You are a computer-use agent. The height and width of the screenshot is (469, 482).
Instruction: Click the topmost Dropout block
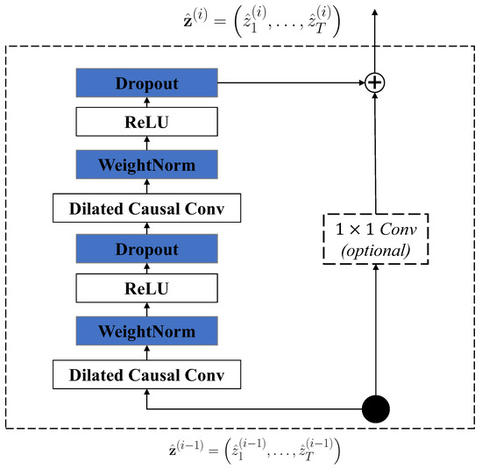tap(147, 83)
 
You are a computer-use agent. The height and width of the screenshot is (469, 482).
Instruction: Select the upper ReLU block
tap(147, 124)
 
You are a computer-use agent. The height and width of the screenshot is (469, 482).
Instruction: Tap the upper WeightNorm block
tap(147, 165)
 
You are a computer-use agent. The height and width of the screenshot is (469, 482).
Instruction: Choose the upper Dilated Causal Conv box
tap(147, 208)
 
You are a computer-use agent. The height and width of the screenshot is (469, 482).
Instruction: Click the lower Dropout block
tap(147, 249)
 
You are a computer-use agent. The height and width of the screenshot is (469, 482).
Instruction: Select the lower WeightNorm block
tap(147, 331)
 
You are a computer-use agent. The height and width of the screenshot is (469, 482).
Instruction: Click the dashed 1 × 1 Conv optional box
tap(375, 238)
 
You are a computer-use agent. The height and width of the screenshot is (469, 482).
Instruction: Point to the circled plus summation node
tap(375, 83)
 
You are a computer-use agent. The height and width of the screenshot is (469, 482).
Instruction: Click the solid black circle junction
tap(375, 409)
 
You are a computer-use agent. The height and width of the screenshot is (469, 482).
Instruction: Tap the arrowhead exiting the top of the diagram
tap(375, 11)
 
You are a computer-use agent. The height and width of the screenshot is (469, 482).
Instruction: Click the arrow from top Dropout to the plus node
tap(289, 83)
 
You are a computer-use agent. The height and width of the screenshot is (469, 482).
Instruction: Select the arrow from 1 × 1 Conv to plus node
tap(375, 153)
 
